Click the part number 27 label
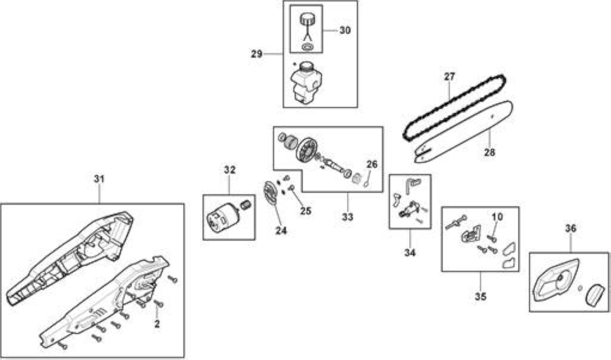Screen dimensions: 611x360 (449, 76)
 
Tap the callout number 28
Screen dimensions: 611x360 (489, 152)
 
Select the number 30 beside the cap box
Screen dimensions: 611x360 (345, 30)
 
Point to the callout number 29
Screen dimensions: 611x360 (256, 54)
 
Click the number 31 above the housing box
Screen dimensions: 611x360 (99, 179)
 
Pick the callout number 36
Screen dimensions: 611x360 (570, 228)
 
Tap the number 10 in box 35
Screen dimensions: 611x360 (497, 217)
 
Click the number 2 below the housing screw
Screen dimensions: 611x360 (157, 324)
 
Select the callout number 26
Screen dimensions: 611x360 (372, 164)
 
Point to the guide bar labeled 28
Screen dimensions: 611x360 (464, 132)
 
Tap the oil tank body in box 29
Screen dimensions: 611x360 (306, 83)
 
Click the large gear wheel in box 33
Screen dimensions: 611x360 (306, 150)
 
